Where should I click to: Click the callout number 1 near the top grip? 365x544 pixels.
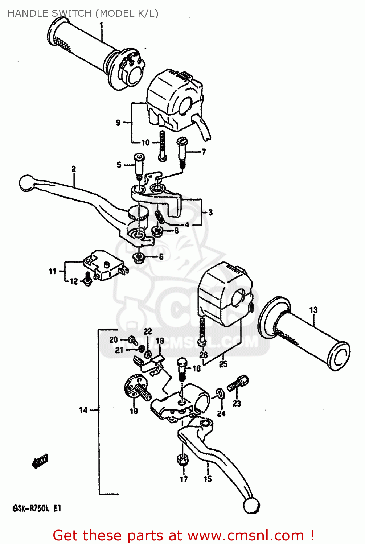coord(101,26)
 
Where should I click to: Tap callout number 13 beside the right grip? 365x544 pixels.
coord(313,310)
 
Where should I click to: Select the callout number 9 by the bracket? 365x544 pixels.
coord(118,123)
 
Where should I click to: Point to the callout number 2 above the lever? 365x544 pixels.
coord(74,169)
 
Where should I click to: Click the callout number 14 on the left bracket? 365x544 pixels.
coord(83,410)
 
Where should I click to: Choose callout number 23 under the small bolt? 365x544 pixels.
coord(237,403)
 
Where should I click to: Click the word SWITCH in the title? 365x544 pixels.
coord(71,13)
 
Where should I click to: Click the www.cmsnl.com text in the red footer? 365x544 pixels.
coord(245,535)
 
